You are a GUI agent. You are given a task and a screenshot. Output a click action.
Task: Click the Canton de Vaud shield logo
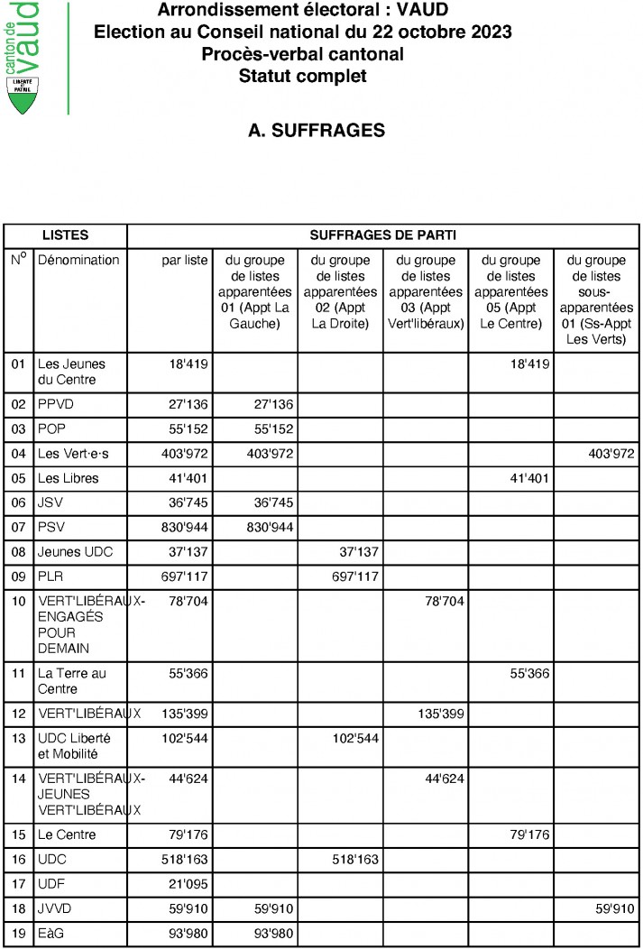click(24, 95)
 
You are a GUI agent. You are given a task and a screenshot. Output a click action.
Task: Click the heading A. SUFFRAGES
click(317, 131)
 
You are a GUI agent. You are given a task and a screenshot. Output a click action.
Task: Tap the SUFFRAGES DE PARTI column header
click(383, 235)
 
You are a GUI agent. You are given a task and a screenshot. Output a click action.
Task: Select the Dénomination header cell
click(78, 261)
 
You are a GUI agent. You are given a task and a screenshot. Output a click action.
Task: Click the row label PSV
click(52, 526)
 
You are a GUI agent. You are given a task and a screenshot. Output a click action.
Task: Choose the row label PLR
click(51, 576)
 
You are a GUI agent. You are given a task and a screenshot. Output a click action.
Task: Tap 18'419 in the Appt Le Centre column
click(525, 364)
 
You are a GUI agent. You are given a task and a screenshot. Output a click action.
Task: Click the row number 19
click(18, 933)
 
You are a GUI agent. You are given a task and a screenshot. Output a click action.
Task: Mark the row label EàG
click(51, 933)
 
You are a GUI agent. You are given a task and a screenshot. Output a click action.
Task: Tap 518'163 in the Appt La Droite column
click(355, 859)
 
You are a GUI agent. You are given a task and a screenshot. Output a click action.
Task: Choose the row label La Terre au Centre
click(71, 681)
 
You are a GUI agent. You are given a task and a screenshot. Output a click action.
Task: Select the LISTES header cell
click(65, 235)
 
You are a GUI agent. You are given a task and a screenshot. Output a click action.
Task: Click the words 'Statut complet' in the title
click(302, 76)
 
